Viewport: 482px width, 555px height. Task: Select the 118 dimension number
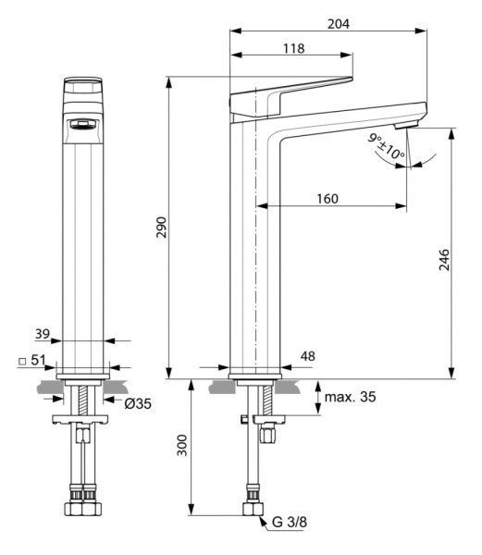293,48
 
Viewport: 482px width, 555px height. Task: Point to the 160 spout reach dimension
328,198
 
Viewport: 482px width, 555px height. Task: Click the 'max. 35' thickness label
351,398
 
